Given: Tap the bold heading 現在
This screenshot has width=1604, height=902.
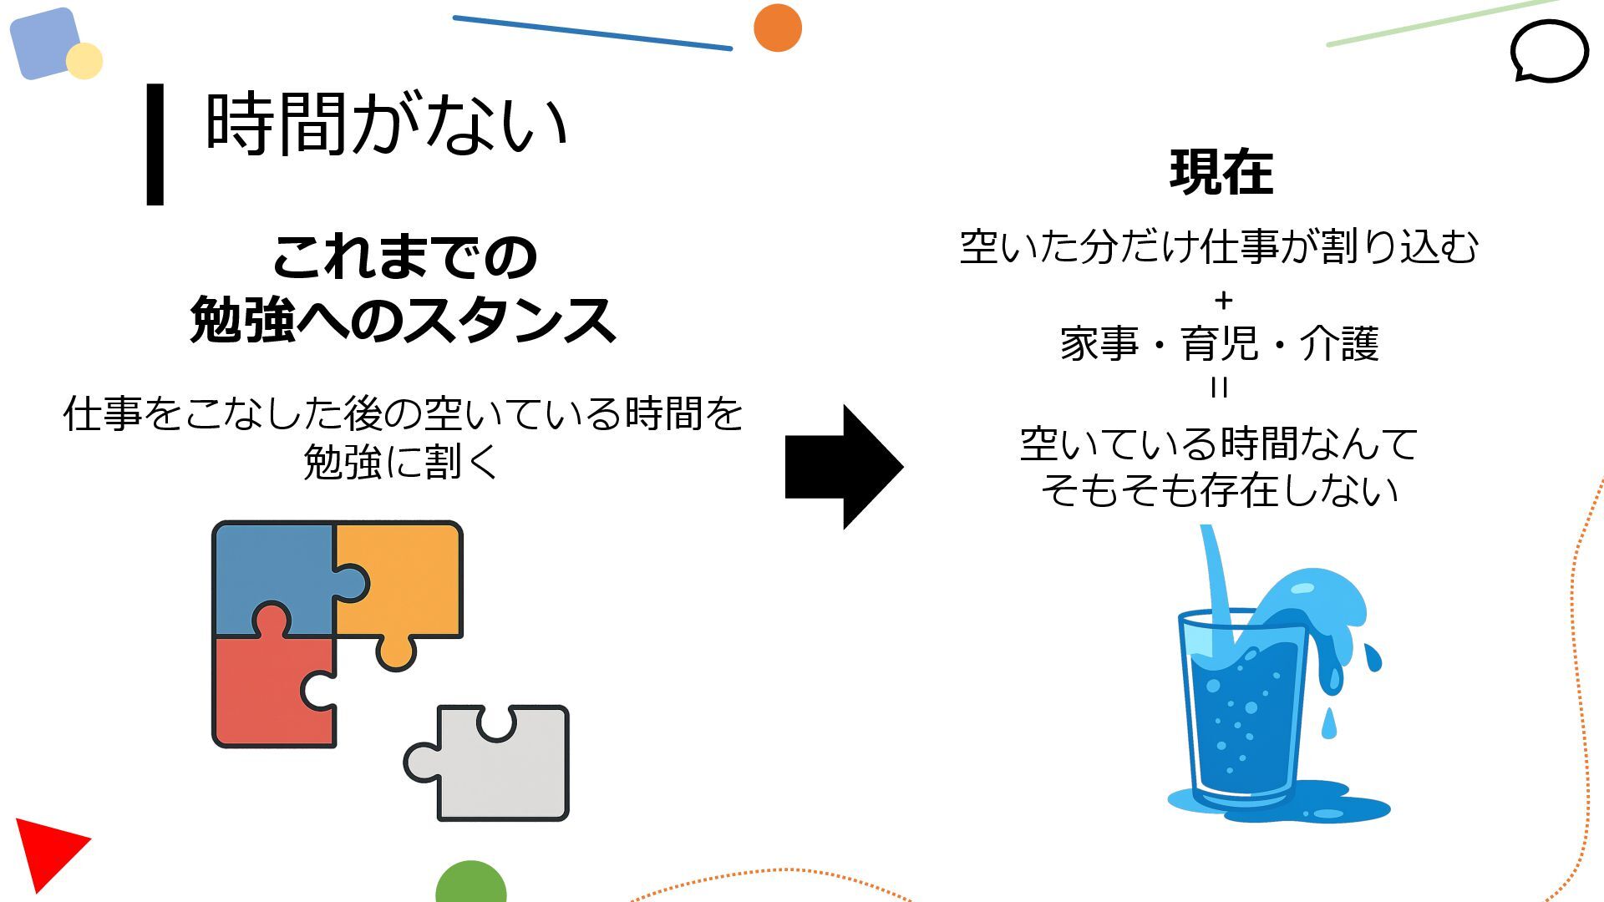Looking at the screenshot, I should click(x=1221, y=173).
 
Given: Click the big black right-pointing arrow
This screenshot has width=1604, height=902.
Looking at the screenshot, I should click(x=844, y=467).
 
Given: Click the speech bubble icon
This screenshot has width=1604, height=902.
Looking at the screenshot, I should click(x=1549, y=52).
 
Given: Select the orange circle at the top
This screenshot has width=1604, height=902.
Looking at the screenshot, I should click(x=778, y=28).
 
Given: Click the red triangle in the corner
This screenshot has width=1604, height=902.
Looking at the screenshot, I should click(x=46, y=848).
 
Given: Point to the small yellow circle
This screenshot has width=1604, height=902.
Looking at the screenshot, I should click(x=84, y=61).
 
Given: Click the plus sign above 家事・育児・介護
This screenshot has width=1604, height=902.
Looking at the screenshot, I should click(x=1223, y=300).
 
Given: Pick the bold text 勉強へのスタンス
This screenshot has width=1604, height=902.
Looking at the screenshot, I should click(x=403, y=320).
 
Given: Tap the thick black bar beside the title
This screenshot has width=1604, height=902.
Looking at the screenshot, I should click(x=155, y=144).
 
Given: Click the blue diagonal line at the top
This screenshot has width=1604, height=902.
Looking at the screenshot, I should click(x=592, y=33).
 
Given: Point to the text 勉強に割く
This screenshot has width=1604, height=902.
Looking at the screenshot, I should click(x=401, y=462).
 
